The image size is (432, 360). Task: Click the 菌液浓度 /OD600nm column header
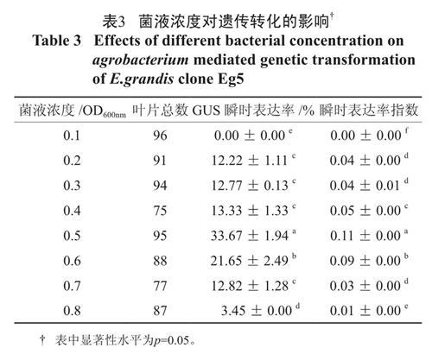point(73,111)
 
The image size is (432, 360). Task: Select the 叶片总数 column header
point(160,110)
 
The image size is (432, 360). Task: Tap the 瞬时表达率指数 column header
point(369,110)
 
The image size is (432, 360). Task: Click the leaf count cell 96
point(160,136)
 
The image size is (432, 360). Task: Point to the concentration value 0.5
point(72,236)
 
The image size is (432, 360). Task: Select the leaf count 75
point(160,211)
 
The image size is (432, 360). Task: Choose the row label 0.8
point(72,311)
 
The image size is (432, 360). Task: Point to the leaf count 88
point(160,261)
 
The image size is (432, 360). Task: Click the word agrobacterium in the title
point(141,60)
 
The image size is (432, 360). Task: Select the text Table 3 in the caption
point(57,41)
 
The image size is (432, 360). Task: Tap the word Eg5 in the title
point(231,79)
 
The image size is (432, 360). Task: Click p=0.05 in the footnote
point(171,340)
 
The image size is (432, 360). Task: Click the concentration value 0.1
point(72,136)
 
